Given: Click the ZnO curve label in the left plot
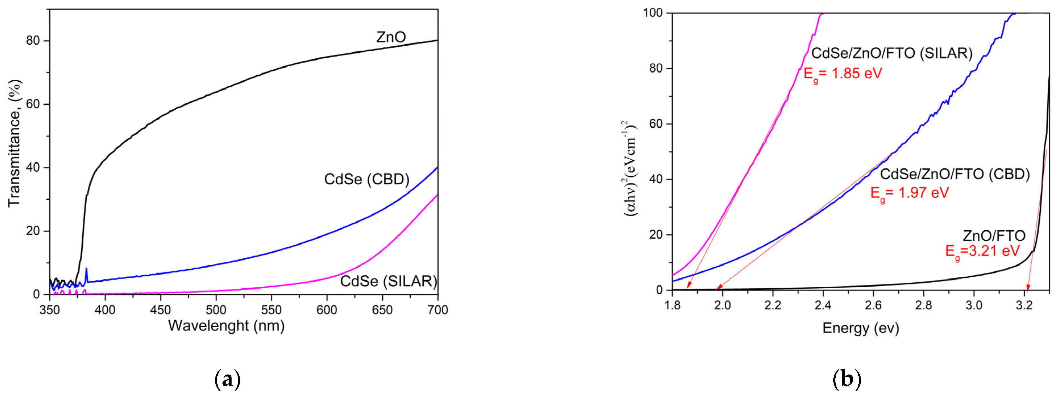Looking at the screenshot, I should click(391, 37).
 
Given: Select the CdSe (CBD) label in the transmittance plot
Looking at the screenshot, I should click(367, 179).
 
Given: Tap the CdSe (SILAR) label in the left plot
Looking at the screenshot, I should click(388, 281).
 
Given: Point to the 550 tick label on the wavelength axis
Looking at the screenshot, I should click(271, 310).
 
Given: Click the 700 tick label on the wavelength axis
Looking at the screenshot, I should click(437, 310).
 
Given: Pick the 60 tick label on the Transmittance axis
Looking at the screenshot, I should click(33, 104).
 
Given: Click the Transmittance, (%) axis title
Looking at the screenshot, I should click(15, 143).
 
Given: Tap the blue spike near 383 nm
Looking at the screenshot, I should click(86, 272).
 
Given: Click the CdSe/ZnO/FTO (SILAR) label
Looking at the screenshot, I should click(892, 53).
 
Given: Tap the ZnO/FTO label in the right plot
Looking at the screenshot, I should click(994, 236).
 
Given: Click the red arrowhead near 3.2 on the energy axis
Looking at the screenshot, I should click(1028, 287).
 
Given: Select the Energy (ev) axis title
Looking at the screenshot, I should click(860, 328).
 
